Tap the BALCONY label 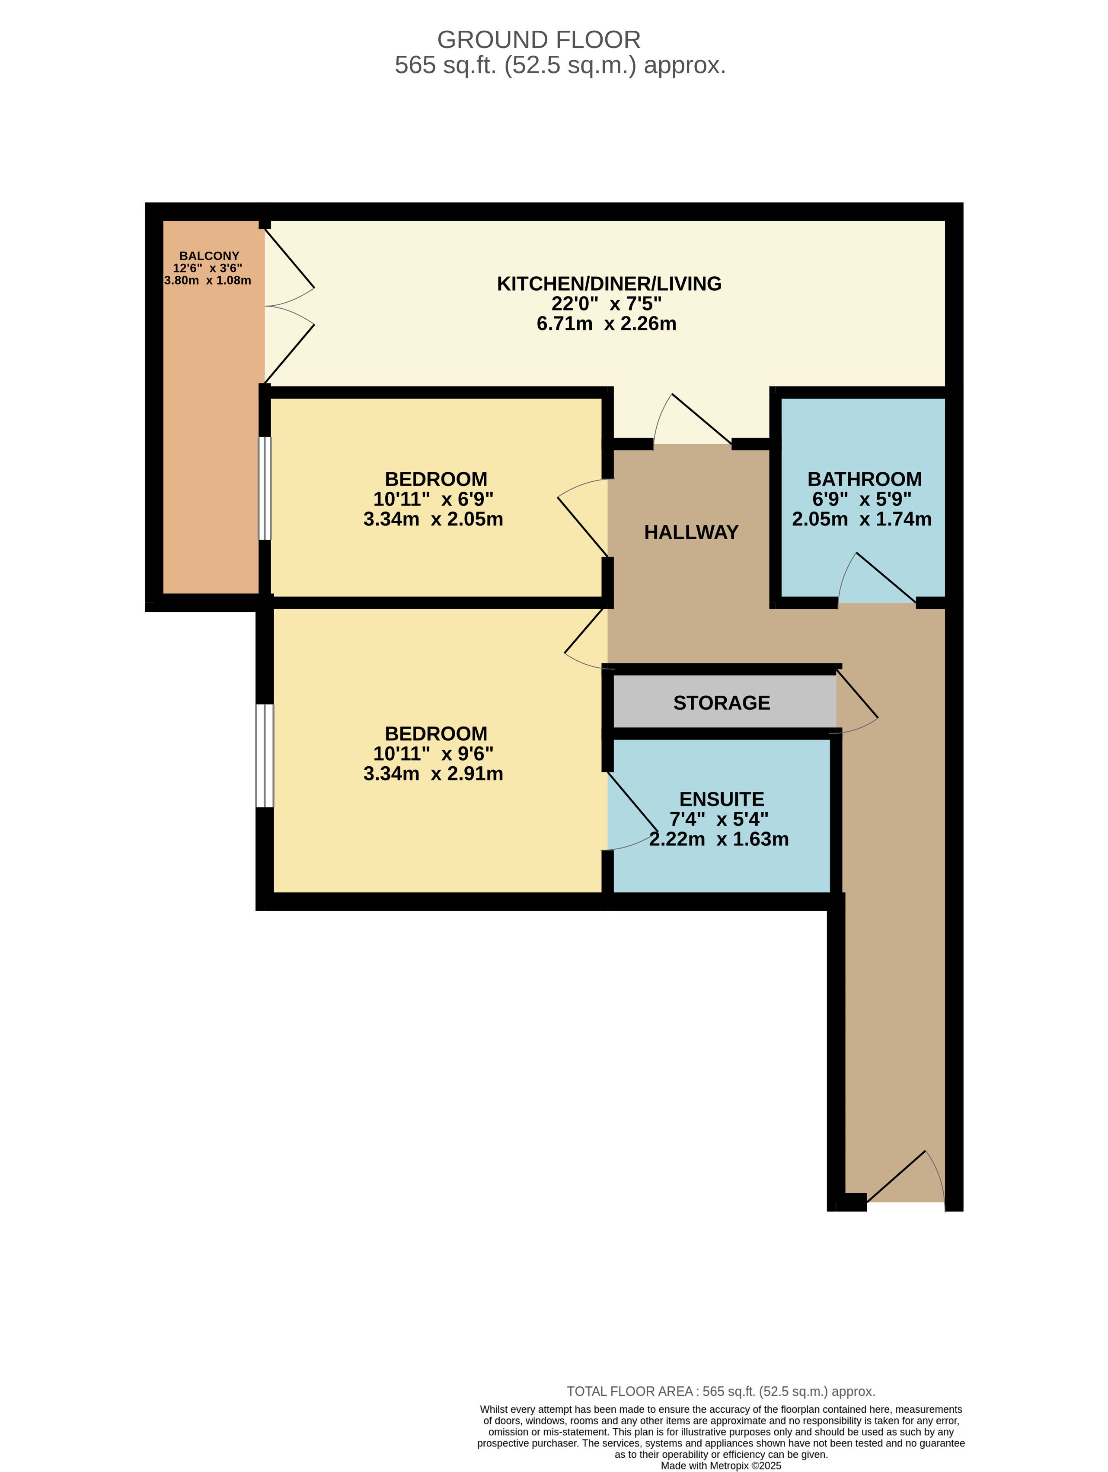(x=209, y=256)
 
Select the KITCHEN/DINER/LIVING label (x=609, y=284)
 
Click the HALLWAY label (x=691, y=532)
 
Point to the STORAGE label (x=722, y=703)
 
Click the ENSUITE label (x=722, y=799)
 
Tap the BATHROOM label (x=865, y=479)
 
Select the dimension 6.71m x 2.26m (x=606, y=324)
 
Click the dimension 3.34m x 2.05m (x=433, y=519)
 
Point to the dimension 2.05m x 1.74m (x=862, y=519)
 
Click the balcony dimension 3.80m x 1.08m (x=208, y=281)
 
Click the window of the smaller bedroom (x=265, y=488)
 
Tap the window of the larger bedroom (x=265, y=756)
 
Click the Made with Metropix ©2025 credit (x=721, y=1466)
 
